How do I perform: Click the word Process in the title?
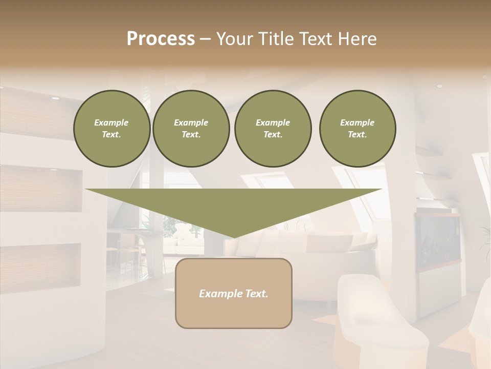161,39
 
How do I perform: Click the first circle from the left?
111,129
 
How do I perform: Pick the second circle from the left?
191,129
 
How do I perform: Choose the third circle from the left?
273,129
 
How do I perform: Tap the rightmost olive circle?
358,129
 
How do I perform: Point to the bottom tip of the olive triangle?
234,237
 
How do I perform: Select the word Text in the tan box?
257,294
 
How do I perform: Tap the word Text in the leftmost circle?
111,135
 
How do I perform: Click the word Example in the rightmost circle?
357,122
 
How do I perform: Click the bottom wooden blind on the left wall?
40,264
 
